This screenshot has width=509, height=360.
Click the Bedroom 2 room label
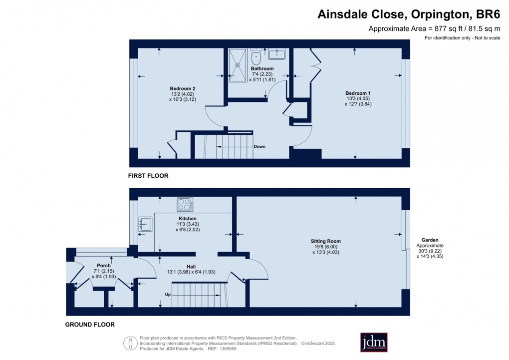[179, 88]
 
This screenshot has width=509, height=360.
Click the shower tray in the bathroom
[238, 64]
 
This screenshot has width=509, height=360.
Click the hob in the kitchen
[185, 205]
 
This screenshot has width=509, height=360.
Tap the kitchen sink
[144, 224]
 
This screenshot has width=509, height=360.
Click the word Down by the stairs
[259, 147]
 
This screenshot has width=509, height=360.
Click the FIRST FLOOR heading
[148, 176]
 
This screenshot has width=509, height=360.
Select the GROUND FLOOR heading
[90, 325]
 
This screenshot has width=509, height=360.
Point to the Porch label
[104, 265]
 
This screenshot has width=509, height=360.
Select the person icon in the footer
[130, 343]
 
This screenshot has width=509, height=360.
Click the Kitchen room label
[188, 219]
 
